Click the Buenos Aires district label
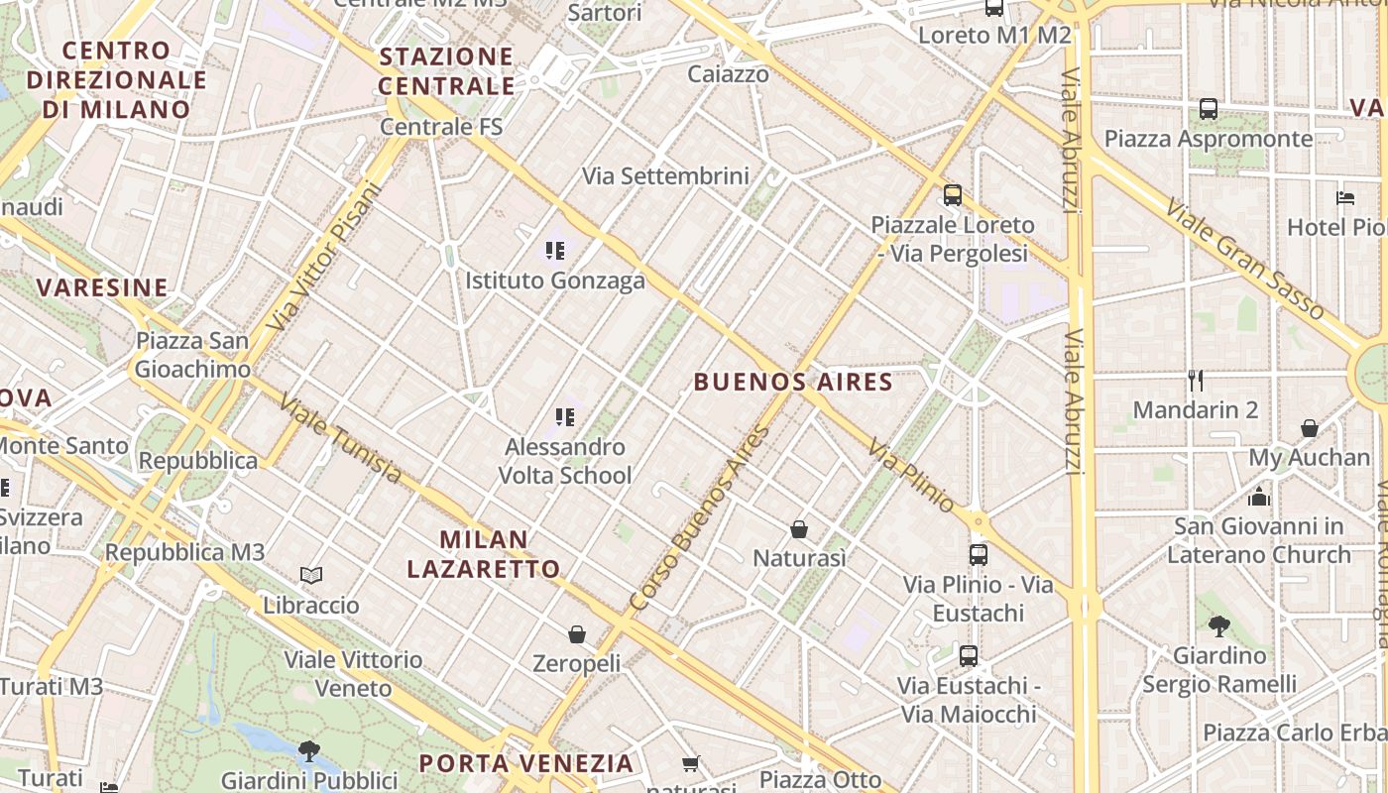pyautogui.click(x=793, y=382)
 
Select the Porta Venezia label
pyautogui.click(x=525, y=763)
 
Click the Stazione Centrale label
pyautogui.click(x=446, y=70)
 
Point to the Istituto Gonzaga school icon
pyautogui.click(x=555, y=250)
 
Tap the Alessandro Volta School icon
pyautogui.click(x=565, y=416)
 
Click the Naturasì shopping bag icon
pyautogui.click(x=799, y=529)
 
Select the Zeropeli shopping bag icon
pyautogui.click(x=577, y=634)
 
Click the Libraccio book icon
pyautogui.click(x=311, y=575)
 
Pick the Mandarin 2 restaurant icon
pyautogui.click(x=1196, y=380)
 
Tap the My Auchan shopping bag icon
pyautogui.click(x=1310, y=428)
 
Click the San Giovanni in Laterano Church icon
pyautogui.click(x=1259, y=496)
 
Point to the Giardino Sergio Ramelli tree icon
pyautogui.click(x=1219, y=625)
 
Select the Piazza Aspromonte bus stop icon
pyautogui.click(x=1209, y=109)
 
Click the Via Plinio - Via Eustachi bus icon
pyautogui.click(x=979, y=555)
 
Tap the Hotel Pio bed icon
pyautogui.click(x=1345, y=197)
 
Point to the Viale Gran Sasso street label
pyautogui.click(x=1244, y=260)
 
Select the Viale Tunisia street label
pyautogui.click(x=340, y=439)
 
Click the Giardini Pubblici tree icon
pyautogui.click(x=309, y=750)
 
